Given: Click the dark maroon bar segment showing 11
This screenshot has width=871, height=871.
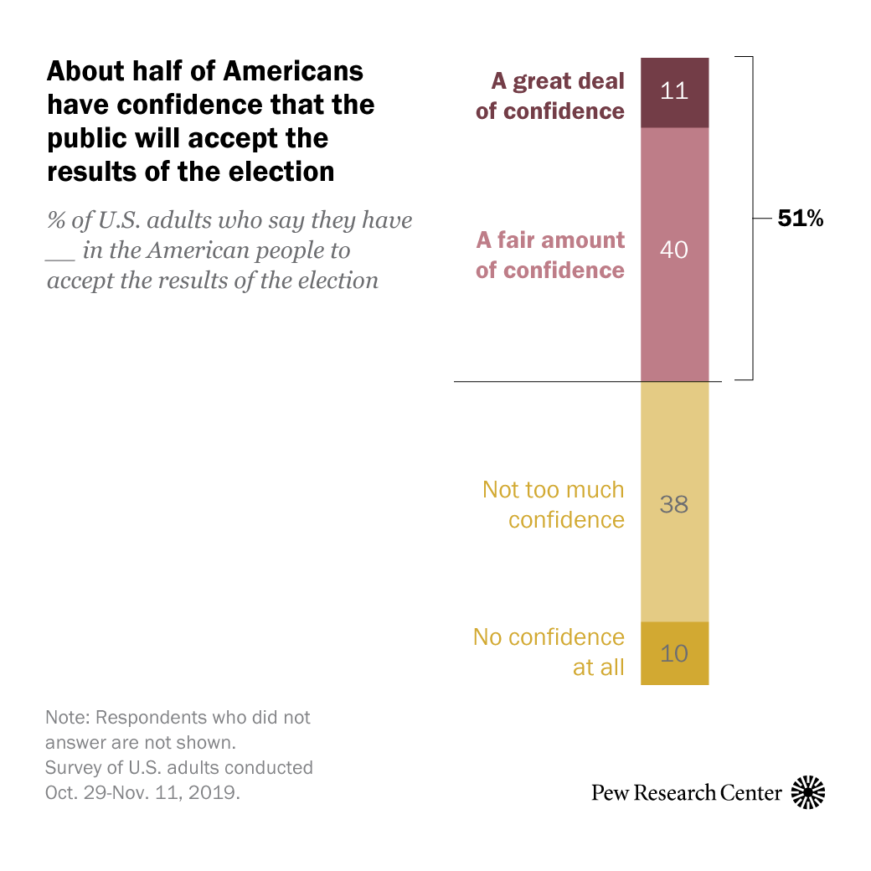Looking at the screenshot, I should pyautogui.click(x=674, y=92).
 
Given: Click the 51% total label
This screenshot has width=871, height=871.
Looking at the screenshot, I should pyautogui.click(x=801, y=219).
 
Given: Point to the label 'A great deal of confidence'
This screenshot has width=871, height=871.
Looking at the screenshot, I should pyautogui.click(x=551, y=96).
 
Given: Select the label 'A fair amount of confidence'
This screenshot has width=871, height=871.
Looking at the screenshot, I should pyautogui.click(x=551, y=255).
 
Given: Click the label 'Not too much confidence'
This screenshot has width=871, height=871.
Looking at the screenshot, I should pyautogui.click(x=554, y=504).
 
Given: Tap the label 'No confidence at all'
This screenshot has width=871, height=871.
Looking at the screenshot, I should pyautogui.click(x=550, y=652).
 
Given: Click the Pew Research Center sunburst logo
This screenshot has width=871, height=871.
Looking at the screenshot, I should pyautogui.click(x=808, y=792).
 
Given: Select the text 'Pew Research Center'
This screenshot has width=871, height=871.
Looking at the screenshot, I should pyautogui.click(x=686, y=792).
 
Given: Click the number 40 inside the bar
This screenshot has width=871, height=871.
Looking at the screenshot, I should pyautogui.click(x=674, y=250).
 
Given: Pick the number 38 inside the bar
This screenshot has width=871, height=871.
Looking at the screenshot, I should pyautogui.click(x=674, y=504).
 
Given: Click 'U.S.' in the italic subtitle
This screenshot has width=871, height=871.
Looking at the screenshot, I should pyautogui.click(x=126, y=221).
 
